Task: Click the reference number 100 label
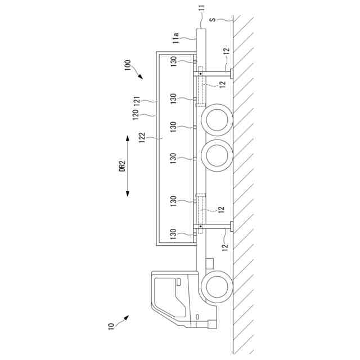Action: coord(128,65)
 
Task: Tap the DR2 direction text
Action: coord(123,166)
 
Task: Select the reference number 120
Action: coord(136,115)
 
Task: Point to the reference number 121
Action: coord(137,101)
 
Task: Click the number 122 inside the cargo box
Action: coord(142,137)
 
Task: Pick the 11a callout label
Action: coord(176,38)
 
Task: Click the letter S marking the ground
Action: coord(213,20)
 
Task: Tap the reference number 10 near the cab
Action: coord(111,326)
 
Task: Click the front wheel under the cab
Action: coord(217,286)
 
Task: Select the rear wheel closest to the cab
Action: coord(217,155)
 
